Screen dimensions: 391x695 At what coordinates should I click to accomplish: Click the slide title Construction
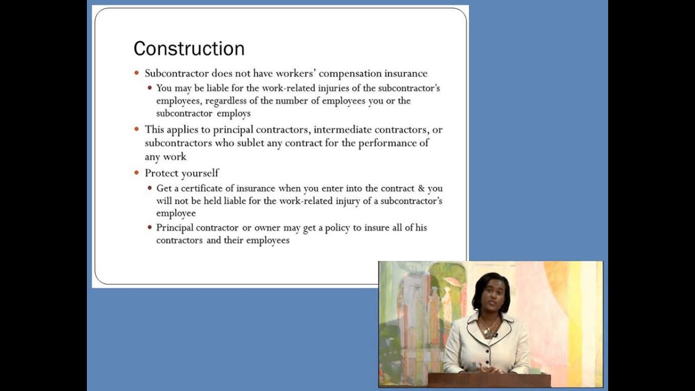click(189, 48)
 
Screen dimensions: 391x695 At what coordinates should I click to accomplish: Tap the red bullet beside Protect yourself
click(137, 173)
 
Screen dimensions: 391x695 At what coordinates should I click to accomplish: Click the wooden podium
click(489, 380)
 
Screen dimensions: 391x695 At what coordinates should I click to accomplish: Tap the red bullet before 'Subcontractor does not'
click(137, 73)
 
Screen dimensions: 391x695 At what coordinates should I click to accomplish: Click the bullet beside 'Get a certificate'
click(150, 188)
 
